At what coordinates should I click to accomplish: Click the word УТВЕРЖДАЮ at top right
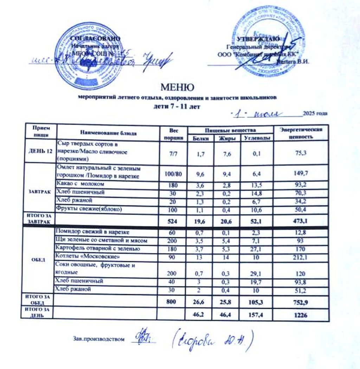coord(258,39)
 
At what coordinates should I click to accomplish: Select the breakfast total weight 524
coord(173,220)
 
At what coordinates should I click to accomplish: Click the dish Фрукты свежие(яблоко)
coord(89,209)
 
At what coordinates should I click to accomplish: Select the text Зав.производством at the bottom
coord(99,339)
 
